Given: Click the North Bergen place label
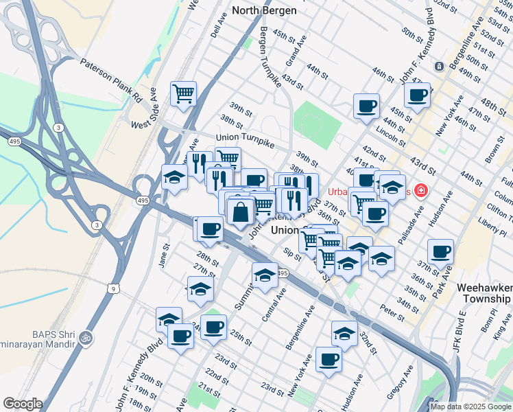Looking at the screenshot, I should click(x=264, y=10).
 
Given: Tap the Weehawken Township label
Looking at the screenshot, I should click(x=484, y=293).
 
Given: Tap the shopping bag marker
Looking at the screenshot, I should click(x=241, y=212).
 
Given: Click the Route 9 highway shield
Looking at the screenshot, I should click(x=112, y=289).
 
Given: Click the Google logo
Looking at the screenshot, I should click(x=23, y=404).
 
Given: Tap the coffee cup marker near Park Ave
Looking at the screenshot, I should click(x=440, y=251).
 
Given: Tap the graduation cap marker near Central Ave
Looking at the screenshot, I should click(x=264, y=275).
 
